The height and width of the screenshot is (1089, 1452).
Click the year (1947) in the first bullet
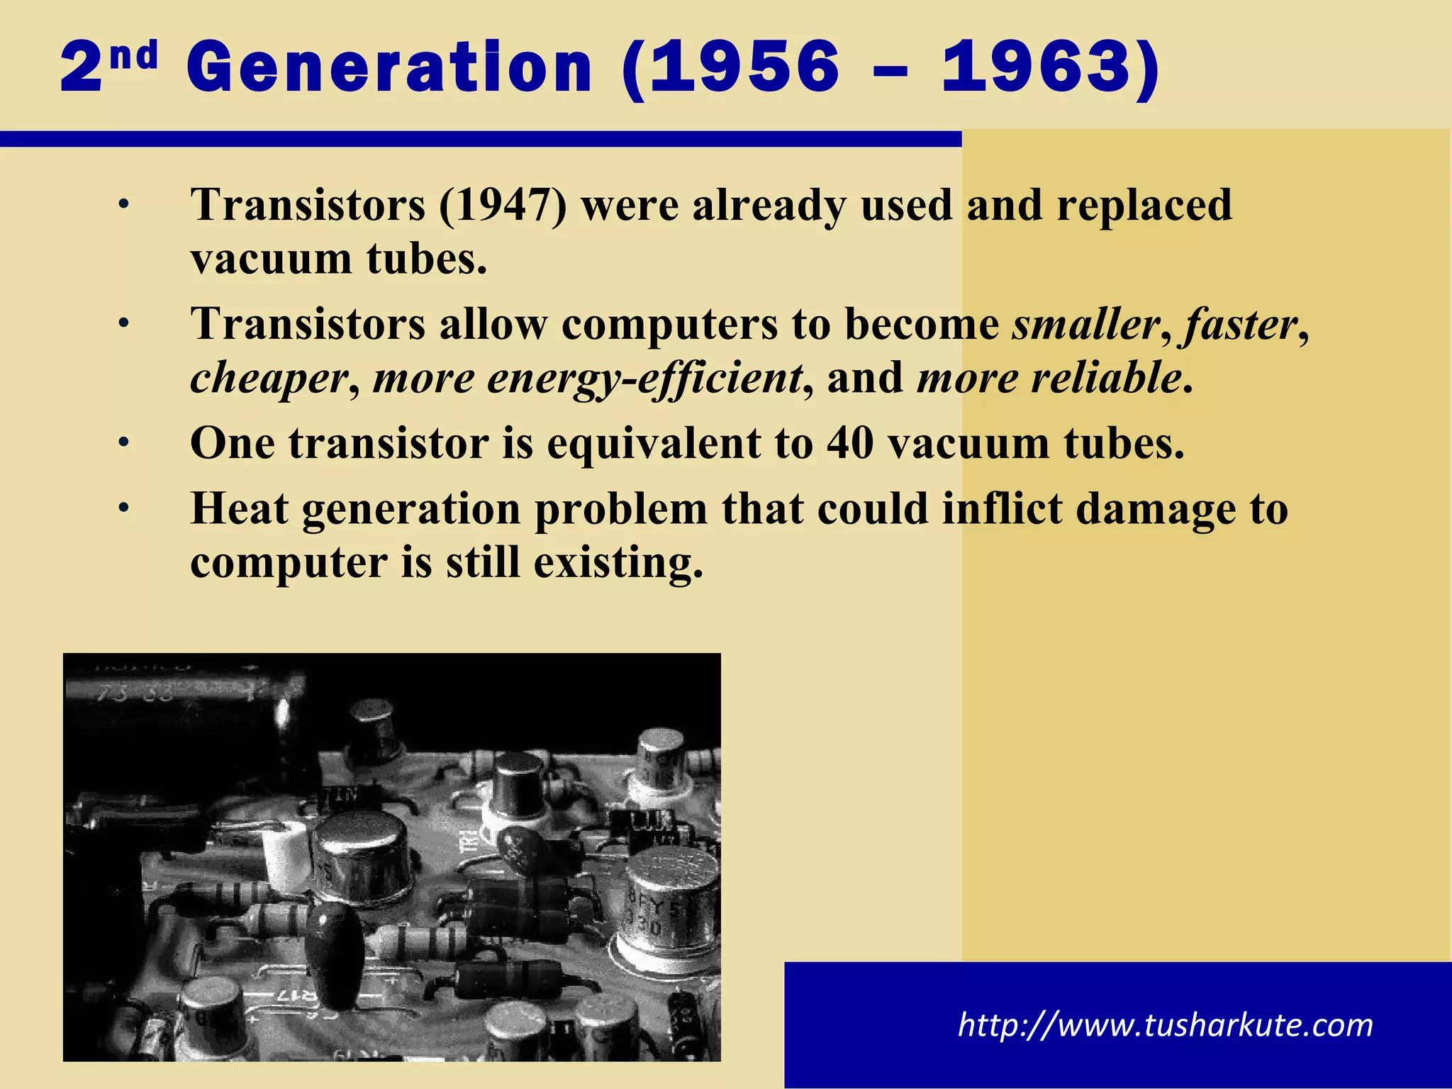tap(503, 206)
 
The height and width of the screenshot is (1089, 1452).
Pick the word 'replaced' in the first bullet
tap(1144, 206)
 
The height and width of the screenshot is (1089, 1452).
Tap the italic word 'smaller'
tap(1085, 325)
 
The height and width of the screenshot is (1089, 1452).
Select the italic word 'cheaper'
tap(269, 378)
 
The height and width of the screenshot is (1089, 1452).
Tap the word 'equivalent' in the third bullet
tap(653, 444)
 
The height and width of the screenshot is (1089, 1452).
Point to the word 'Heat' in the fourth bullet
tap(240, 509)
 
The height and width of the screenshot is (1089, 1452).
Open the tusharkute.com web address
tap(1165, 1025)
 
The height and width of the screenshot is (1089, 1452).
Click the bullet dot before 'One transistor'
tap(124, 444)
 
